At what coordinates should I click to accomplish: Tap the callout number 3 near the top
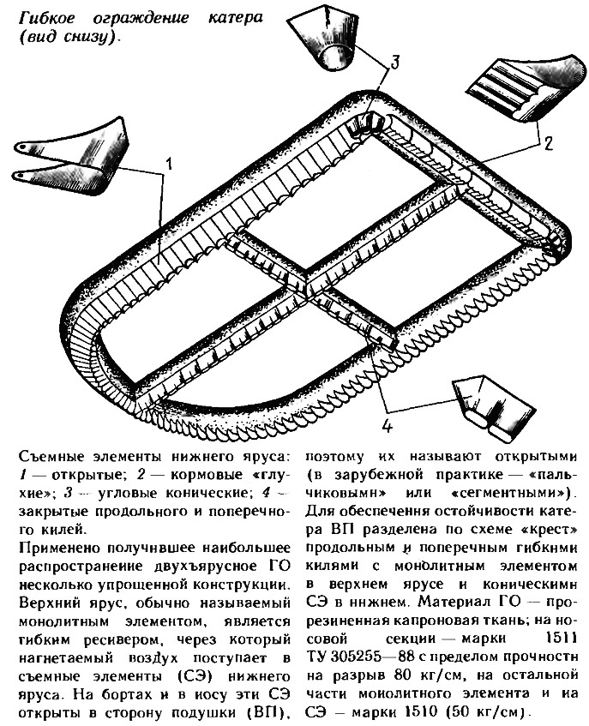[x=394, y=61]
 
